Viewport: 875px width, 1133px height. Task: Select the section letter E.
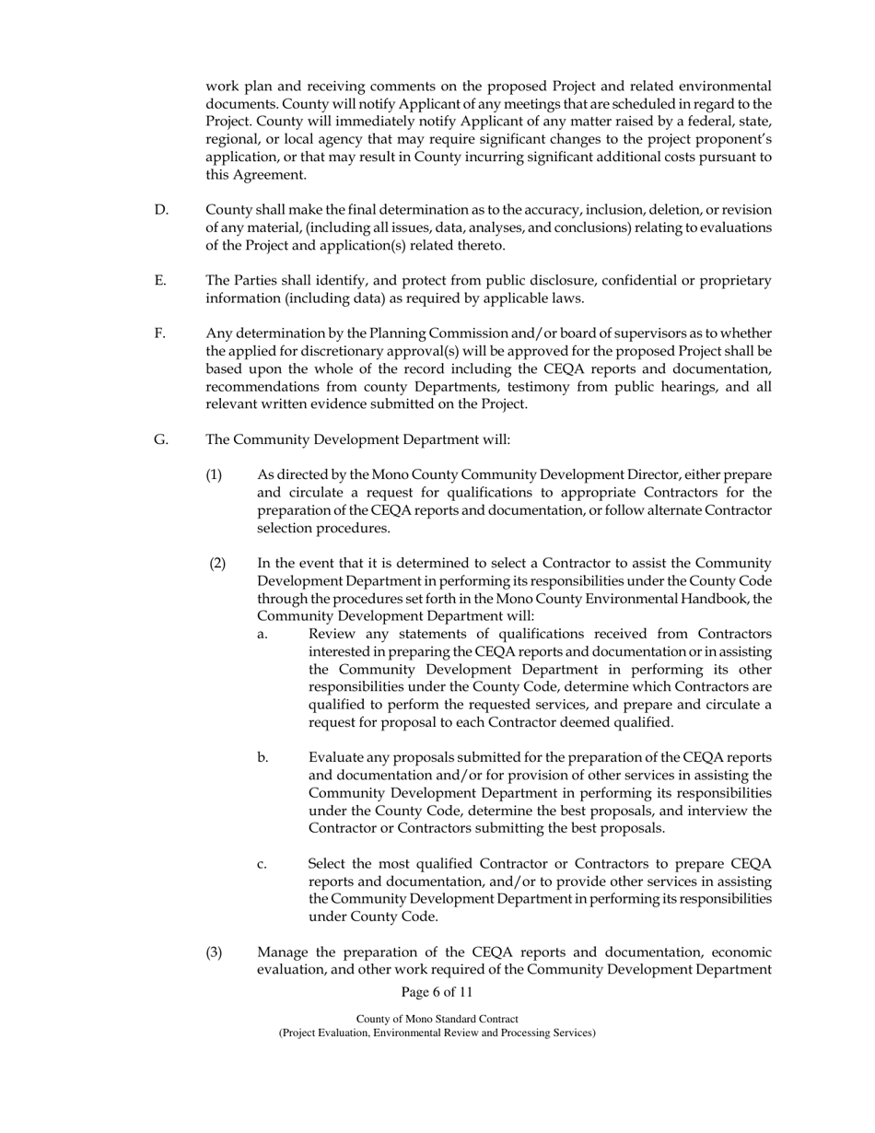pos(160,280)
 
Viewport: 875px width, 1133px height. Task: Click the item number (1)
pos(214,474)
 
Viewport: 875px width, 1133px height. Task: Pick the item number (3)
pos(214,952)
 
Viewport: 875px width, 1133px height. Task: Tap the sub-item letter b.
pos(262,757)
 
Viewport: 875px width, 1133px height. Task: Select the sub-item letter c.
pos(262,864)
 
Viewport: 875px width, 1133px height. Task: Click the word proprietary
pos(732,280)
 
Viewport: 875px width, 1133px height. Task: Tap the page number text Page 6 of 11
pos(437,992)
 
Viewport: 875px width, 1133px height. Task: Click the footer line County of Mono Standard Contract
pos(437,1019)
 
